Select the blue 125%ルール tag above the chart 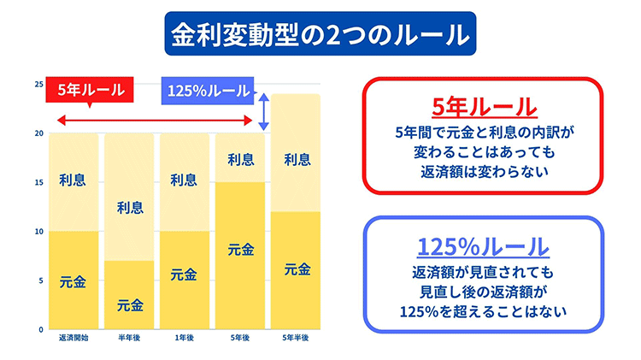[x=208, y=90]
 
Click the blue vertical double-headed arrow [x=265, y=111]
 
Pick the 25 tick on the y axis [x=38, y=84]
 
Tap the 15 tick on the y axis [x=38, y=182]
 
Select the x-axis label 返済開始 [x=73, y=339]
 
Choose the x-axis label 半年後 [x=130, y=339]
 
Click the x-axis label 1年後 [x=185, y=339]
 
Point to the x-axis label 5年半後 [x=296, y=339]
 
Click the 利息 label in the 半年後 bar [x=130, y=206]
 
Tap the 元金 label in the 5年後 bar [x=240, y=251]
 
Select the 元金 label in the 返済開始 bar [x=73, y=280]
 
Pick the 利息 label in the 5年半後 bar [x=296, y=158]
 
